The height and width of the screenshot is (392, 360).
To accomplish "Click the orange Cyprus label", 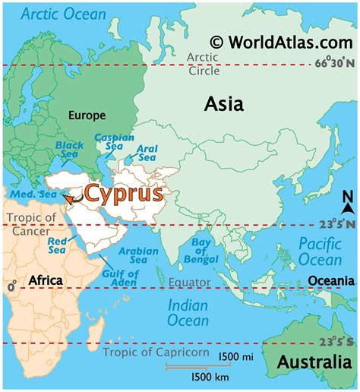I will tap(123, 193).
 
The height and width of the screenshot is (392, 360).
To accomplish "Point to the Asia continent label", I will tap(223, 104).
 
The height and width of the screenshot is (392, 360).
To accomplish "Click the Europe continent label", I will tap(86, 115).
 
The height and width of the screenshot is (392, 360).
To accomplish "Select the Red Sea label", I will tap(58, 245).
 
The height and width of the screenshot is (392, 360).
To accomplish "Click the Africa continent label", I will tap(45, 281).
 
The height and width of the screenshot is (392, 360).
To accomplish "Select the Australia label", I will tap(314, 363).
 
